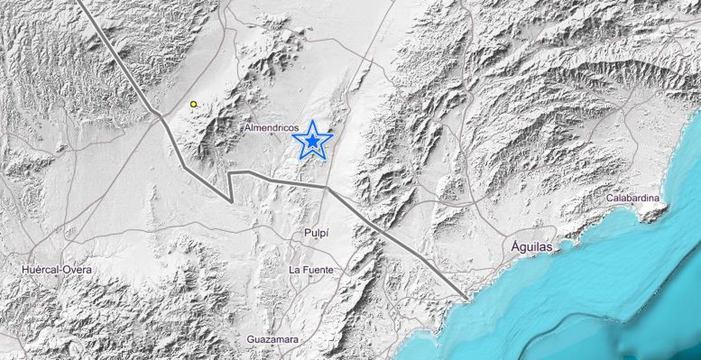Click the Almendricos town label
[272, 128]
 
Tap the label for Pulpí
[316, 233]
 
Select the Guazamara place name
[273, 339]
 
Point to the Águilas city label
[531, 247]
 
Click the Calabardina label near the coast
[632, 198]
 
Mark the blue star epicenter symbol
[312, 141]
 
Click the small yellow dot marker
[193, 104]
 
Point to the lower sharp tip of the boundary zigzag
[231, 202]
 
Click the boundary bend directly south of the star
[326, 187]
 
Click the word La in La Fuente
[294, 270]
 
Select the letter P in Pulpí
[307, 233]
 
